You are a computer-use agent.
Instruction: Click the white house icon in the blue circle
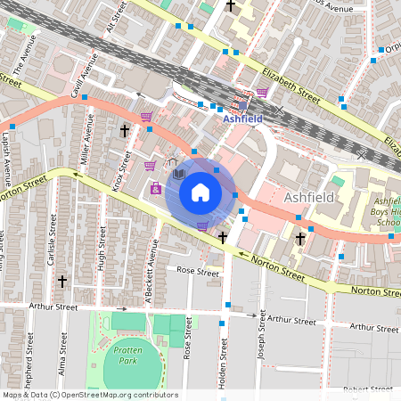(x=200, y=192)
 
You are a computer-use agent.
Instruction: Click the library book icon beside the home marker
(x=178, y=173)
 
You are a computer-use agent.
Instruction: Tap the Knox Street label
(x=117, y=169)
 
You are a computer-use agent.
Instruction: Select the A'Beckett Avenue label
(x=152, y=267)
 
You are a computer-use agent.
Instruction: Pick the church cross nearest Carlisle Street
(x=62, y=281)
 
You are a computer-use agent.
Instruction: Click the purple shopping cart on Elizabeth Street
(x=262, y=92)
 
